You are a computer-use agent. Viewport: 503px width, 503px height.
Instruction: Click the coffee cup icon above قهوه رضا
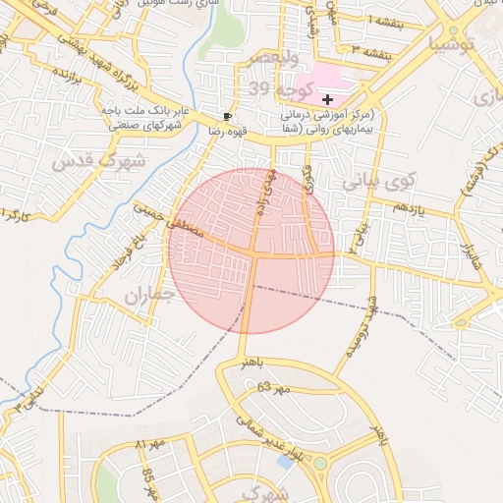click(x=228, y=115)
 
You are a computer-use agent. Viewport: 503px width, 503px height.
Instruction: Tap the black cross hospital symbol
click(x=327, y=99)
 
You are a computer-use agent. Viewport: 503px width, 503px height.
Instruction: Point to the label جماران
click(x=148, y=294)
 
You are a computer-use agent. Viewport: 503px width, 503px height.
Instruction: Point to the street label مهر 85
click(x=148, y=480)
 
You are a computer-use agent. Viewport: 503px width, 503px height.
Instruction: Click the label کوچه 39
click(x=272, y=89)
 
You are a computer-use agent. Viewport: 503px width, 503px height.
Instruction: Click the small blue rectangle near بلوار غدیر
click(x=285, y=461)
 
